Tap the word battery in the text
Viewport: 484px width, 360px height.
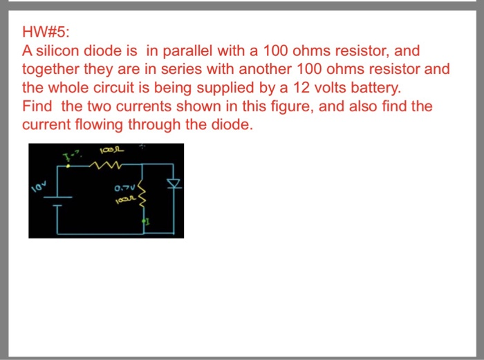[372, 88]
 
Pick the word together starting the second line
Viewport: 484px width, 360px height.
[50, 70]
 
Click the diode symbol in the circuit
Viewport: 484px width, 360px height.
[174, 184]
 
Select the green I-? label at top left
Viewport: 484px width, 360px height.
[71, 153]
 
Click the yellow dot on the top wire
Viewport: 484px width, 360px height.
[67, 164]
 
